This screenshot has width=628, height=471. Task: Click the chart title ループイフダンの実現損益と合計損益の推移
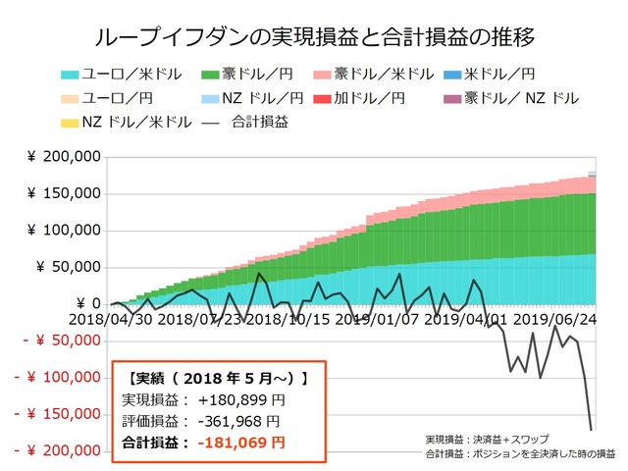[x=314, y=38]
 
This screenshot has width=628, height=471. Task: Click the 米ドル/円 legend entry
[x=500, y=75]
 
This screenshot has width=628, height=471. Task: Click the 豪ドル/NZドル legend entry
[x=510, y=99]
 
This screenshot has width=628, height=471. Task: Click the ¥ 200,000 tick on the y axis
[x=64, y=157]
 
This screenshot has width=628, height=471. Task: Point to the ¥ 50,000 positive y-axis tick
[x=69, y=267]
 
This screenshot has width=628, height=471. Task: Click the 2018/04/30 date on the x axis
[x=110, y=319]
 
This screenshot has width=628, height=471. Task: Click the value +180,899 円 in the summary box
[x=241, y=399]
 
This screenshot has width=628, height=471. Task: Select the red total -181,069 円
[x=241, y=443]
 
